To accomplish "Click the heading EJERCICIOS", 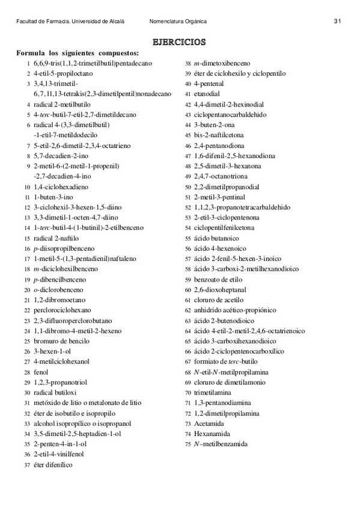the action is click(179, 41).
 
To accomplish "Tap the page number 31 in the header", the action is click(337, 21).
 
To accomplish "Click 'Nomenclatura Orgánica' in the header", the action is click(178, 21).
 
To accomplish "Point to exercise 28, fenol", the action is click(41, 372).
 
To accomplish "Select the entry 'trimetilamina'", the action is click(214, 392).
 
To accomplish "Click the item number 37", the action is click(27, 465).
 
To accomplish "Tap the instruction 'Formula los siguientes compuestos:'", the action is click(78, 53).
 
